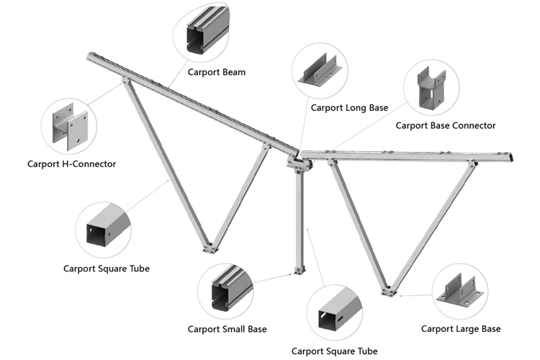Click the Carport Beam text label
pos(217,72)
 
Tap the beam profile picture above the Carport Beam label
pos(207,30)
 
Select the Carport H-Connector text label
pos(71,164)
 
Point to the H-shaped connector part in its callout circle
pos(70,127)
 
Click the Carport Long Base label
pos(349,108)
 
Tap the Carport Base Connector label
pos(445,126)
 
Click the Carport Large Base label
pos(461,329)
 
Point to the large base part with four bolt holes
pos(460,291)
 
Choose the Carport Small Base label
pos(228,329)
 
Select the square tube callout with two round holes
pos(108,225)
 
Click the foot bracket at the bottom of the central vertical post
pos(300,270)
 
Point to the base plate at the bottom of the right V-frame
pos(389,292)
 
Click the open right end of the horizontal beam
pos(511,158)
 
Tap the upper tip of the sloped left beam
pos(90,55)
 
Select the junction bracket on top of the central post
pos(300,163)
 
